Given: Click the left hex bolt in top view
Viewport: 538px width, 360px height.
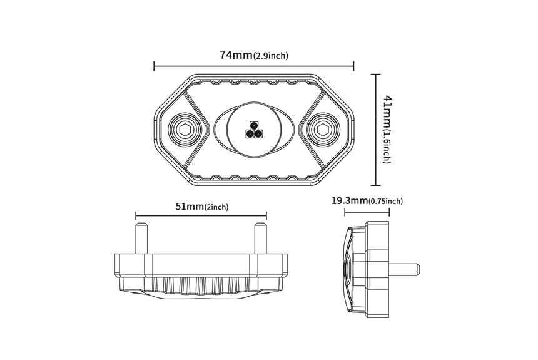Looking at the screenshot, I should pyautogui.click(x=183, y=130).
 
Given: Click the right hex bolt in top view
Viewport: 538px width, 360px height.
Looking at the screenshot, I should pyautogui.click(x=323, y=130).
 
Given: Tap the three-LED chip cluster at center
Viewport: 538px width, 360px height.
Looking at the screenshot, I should pyautogui.click(x=254, y=130).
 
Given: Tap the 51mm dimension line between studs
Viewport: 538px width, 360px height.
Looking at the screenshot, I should pyautogui.click(x=201, y=217).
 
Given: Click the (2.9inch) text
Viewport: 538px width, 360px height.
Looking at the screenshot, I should pyautogui.click(x=271, y=56).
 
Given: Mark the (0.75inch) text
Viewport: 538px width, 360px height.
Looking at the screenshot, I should pyautogui.click(x=386, y=202).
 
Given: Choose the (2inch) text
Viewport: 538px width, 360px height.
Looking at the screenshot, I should pyautogui.click(x=216, y=208).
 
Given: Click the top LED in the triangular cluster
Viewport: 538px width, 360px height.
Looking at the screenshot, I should pyautogui.click(x=254, y=125).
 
